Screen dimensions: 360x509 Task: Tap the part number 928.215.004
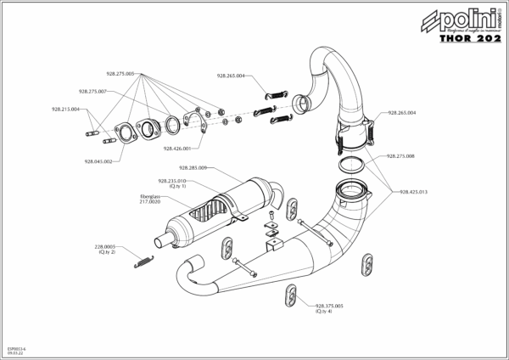click(65, 109)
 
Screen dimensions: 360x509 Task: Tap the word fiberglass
click(149, 198)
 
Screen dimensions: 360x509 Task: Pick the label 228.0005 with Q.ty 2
click(105, 248)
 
